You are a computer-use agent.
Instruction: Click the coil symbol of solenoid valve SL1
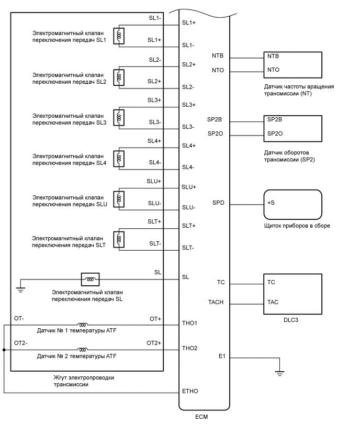(120, 36)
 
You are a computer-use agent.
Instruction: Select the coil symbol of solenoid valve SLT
(120, 239)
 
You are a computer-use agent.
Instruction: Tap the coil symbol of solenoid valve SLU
(120, 198)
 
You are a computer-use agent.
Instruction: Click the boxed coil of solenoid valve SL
(90, 278)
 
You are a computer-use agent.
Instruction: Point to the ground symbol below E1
(279, 373)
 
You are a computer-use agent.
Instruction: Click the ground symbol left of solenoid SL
(20, 288)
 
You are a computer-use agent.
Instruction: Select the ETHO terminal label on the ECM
(189, 391)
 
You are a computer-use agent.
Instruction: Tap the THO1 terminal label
(189, 323)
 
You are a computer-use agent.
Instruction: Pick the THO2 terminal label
(189, 348)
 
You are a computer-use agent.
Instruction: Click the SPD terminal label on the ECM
(218, 203)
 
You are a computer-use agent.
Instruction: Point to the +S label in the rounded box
(271, 203)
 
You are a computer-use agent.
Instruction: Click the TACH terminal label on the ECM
(217, 302)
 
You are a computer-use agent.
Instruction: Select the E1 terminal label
(222, 356)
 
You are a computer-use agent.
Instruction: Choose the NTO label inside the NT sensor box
(273, 70)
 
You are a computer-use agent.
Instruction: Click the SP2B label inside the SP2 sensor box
(275, 119)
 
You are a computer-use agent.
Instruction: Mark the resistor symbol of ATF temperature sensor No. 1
(82, 324)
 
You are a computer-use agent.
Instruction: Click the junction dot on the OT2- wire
(4, 350)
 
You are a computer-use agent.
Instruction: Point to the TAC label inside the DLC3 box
(273, 302)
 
